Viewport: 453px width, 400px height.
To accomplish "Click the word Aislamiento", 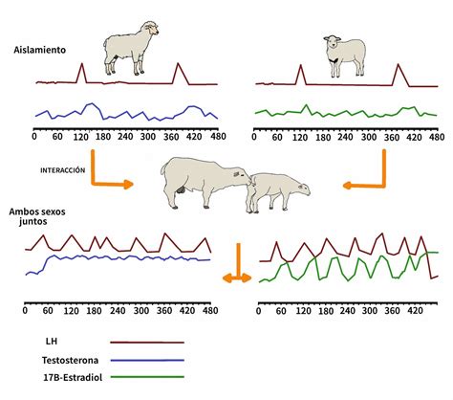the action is (x=39, y=50).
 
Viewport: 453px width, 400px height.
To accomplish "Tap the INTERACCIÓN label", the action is (x=63, y=170).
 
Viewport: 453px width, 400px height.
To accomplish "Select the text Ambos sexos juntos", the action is (x=37, y=216).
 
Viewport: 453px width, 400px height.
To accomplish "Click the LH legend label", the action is (x=52, y=342).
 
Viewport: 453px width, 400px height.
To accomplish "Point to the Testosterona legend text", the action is (x=70, y=360).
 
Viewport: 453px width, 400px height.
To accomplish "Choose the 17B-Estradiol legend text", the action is (x=73, y=377).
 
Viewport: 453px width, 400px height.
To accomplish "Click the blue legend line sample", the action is (x=147, y=361).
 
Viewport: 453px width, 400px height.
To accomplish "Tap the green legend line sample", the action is (x=147, y=377).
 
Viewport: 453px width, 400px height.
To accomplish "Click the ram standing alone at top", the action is (x=131, y=48).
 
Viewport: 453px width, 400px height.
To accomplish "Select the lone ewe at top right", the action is (x=345, y=56).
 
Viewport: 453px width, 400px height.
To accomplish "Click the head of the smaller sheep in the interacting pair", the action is (x=302, y=189).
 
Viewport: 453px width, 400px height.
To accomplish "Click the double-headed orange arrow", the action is (x=237, y=278).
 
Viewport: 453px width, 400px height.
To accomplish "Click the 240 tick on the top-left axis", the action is (x=125, y=137).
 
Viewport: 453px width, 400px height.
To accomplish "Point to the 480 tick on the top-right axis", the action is (x=437, y=137).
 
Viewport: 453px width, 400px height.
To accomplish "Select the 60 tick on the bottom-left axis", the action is (x=48, y=310).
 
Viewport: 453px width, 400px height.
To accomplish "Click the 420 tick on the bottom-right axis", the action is (x=415, y=311).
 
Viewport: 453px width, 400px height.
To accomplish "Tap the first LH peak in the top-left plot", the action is (x=82, y=63).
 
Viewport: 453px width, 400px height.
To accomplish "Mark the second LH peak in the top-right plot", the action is (x=398, y=64).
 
